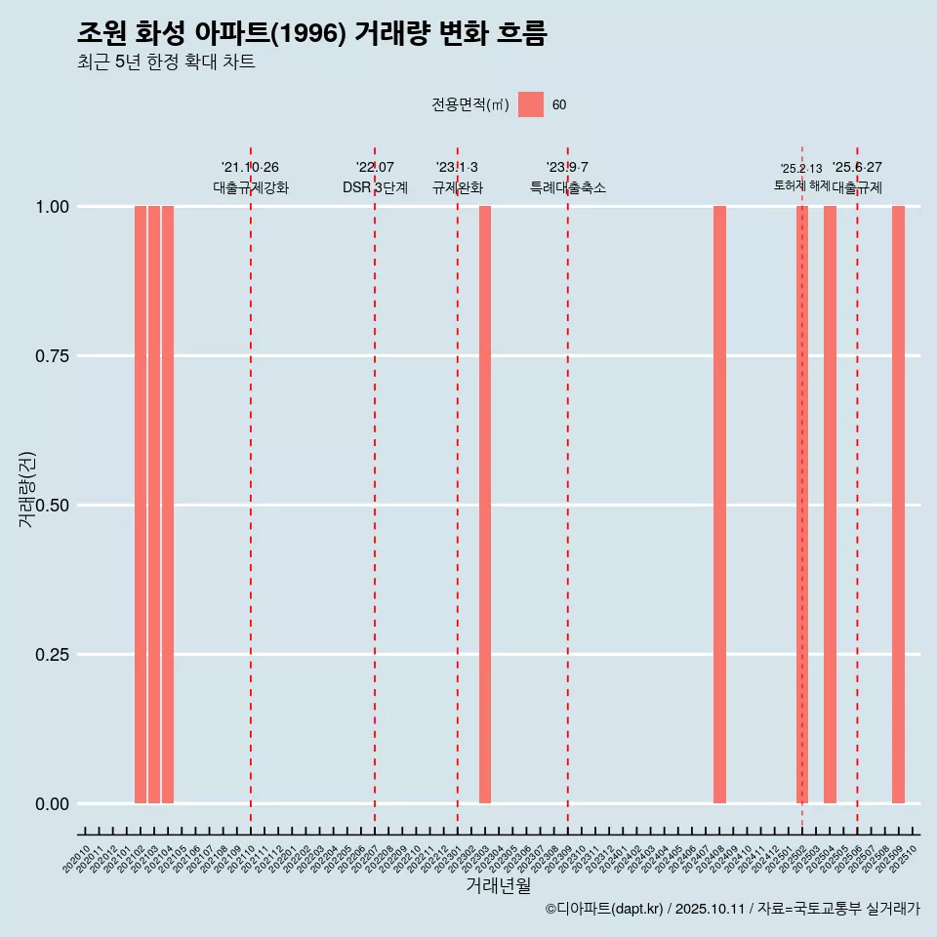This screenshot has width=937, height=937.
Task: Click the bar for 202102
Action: pos(141,505)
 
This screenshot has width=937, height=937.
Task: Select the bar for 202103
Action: pos(154,505)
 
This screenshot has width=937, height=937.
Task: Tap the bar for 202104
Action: pos(168,505)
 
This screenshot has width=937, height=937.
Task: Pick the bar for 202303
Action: pos(485,505)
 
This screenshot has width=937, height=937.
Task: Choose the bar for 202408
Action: pos(719,505)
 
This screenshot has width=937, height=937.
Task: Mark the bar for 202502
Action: pos(802,505)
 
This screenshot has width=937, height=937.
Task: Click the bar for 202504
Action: pos(830,505)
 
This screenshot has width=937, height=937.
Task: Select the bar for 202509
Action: pos(899,505)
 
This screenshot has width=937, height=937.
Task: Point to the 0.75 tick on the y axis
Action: pos(50,356)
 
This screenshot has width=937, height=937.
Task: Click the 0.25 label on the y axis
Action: pos(50,655)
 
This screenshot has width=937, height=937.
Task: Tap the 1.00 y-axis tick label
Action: pos(50,207)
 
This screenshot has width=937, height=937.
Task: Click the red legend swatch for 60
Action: pos(531,104)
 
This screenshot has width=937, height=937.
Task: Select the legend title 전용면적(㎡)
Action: pos(469,105)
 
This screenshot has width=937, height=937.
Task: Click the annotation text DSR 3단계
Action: pos(375,187)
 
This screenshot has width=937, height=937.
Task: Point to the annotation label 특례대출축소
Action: pos(568,187)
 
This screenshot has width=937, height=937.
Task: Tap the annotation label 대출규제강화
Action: pos(251,187)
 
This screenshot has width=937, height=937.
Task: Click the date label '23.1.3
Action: pos(457,168)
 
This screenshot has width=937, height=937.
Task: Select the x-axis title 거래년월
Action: pos(499,885)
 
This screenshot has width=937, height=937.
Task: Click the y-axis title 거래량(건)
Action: pos(27,490)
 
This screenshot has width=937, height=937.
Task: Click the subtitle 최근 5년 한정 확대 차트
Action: pos(166,62)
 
